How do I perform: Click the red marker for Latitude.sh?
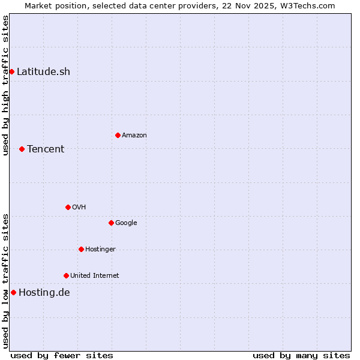point(11,72)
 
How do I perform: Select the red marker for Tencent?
point(22,149)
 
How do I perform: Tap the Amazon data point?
point(118,135)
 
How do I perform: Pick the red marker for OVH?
point(68,207)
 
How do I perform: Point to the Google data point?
point(111,223)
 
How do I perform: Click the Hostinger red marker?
point(81,249)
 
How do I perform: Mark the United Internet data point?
point(66,275)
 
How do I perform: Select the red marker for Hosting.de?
point(13,292)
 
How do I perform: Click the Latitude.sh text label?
point(43,72)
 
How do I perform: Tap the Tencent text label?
point(46,149)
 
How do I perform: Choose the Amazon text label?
point(134,135)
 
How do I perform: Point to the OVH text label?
point(79,207)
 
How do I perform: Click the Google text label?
point(126,223)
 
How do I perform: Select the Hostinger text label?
point(100,249)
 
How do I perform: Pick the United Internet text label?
point(95,275)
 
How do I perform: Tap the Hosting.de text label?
point(44,293)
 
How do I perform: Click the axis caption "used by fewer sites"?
point(62,355)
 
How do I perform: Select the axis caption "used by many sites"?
point(301,355)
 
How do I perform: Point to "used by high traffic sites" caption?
point(5,85)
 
